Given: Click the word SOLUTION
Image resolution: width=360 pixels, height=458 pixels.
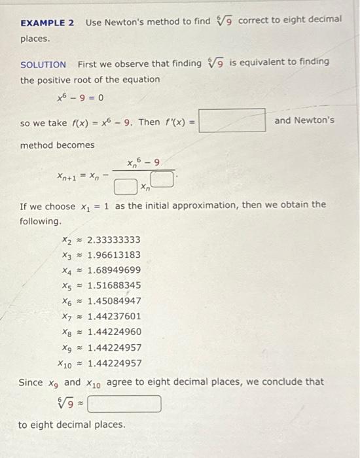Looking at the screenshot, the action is (43, 64).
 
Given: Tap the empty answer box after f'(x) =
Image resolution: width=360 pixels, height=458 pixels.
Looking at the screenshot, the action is (232, 121).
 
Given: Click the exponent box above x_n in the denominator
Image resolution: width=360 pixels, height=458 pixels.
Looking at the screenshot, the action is (166, 177).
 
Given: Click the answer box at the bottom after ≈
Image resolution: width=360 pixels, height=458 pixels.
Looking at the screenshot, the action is (124, 403).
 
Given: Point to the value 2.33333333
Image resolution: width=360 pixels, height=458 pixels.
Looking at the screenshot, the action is (114, 239).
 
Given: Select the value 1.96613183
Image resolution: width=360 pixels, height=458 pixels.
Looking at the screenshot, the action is (114, 255).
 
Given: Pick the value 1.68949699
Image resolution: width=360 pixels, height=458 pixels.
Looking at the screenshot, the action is (114, 270).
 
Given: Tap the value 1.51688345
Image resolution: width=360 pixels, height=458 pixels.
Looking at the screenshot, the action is (114, 285).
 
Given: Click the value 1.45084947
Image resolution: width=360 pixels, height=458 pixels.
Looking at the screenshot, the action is (114, 301).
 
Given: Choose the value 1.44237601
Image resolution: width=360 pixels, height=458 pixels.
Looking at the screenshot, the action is (114, 316).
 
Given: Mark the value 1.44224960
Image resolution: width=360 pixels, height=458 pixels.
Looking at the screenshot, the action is (114, 332).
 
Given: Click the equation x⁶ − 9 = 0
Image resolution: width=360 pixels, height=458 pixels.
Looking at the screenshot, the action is (80, 99).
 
